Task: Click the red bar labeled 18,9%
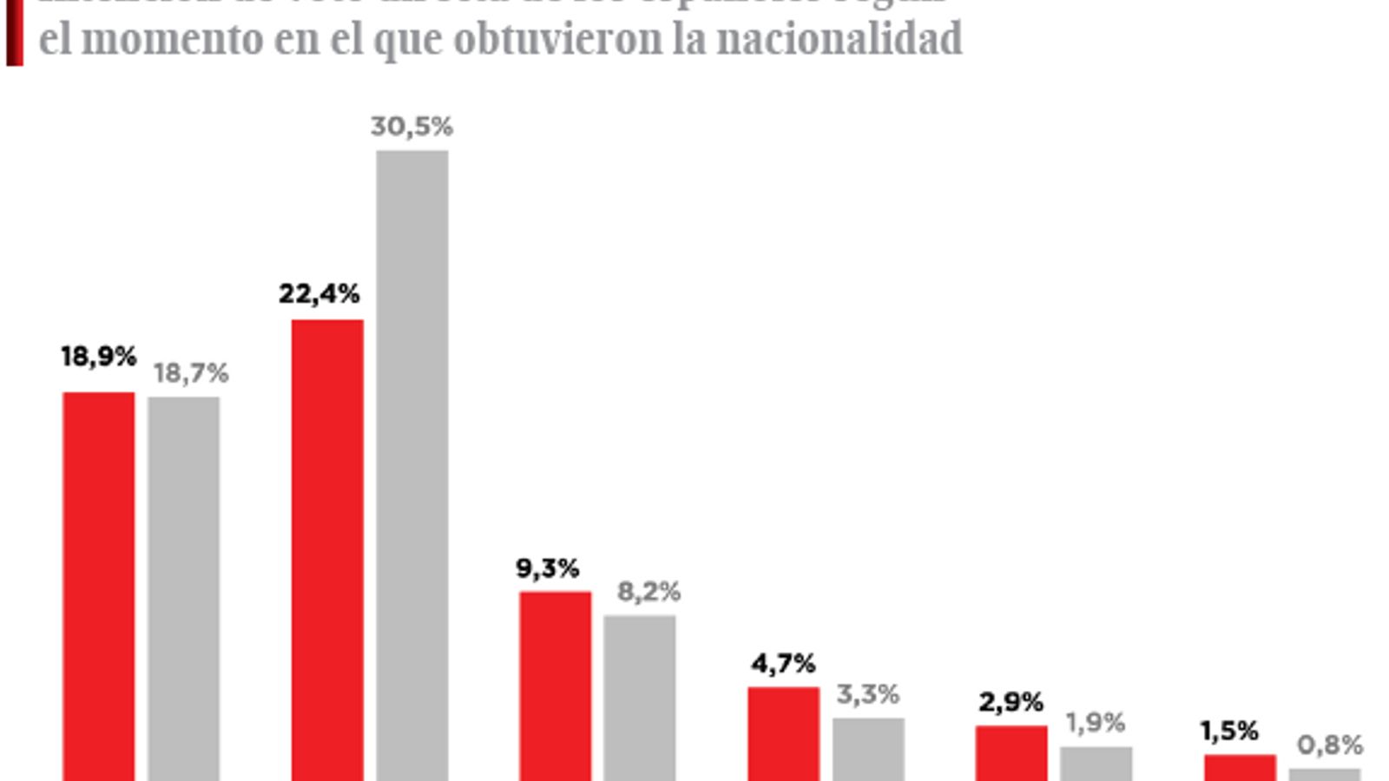tap(99, 586)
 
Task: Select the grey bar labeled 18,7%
tap(183, 588)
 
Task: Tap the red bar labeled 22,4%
tap(327, 550)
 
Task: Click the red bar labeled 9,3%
tap(556, 686)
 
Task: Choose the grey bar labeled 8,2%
tap(640, 698)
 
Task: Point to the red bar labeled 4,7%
tap(783, 733)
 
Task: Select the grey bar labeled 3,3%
tap(868, 749)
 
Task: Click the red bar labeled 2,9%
tap(1011, 752)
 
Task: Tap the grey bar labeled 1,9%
tap(1096, 764)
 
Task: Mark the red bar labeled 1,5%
tap(1240, 767)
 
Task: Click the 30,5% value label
tap(411, 127)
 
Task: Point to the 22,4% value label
tap(319, 294)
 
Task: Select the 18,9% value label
tap(98, 357)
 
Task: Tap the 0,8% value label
tap(1329, 745)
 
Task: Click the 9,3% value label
tap(547, 569)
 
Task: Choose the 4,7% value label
tap(783, 664)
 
